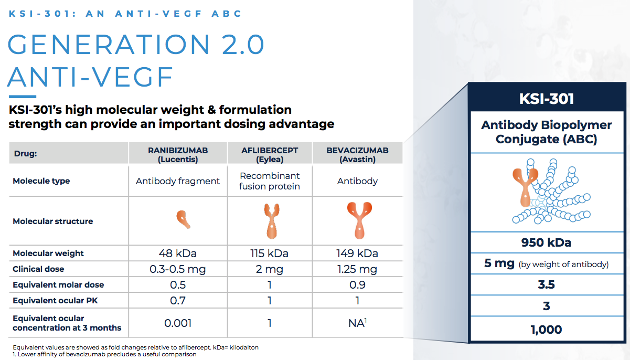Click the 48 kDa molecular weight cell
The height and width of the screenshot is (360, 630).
click(x=178, y=253)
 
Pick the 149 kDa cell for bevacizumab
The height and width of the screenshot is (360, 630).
click(x=357, y=253)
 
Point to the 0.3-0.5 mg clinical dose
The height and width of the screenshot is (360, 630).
click(x=178, y=269)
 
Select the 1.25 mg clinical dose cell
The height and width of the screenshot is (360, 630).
click(x=357, y=269)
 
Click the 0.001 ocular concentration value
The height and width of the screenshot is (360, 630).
click(x=178, y=323)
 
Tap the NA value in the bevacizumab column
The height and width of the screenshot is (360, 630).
click(x=357, y=323)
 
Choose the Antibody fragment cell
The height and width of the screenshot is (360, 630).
click(x=178, y=181)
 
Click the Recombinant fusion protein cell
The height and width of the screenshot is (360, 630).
click(x=270, y=181)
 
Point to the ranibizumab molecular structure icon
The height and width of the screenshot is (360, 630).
click(x=183, y=219)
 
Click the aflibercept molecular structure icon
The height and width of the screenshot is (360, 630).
click(x=270, y=220)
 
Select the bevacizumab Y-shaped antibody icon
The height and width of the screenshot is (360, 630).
click(x=358, y=219)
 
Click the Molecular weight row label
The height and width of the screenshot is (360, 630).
click(x=48, y=253)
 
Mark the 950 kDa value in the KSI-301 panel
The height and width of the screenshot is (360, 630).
click(x=546, y=242)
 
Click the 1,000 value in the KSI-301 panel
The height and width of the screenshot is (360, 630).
click(x=546, y=330)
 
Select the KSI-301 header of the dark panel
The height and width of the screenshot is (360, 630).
click(x=546, y=99)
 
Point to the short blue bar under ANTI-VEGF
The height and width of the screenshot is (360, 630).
click(x=22, y=97)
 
